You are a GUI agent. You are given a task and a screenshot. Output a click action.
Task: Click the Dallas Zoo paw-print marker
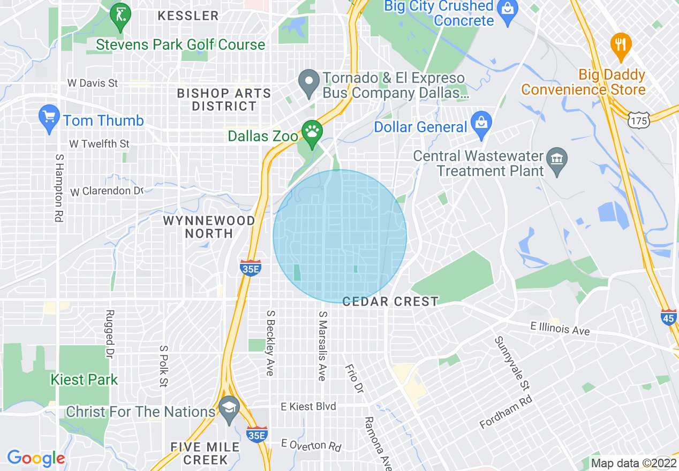[x=311, y=130]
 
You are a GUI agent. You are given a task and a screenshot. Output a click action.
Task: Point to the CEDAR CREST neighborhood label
[x=390, y=302]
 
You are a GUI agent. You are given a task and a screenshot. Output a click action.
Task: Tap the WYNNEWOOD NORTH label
[x=209, y=227]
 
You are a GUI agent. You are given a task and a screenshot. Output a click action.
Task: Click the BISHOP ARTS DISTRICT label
[x=224, y=100]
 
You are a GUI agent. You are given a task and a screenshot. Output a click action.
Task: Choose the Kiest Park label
[x=84, y=380]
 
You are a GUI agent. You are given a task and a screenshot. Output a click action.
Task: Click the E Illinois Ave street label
[x=560, y=329]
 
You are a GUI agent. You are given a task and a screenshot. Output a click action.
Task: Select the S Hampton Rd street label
[x=58, y=188]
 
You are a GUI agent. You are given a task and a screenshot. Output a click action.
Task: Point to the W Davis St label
[x=93, y=83]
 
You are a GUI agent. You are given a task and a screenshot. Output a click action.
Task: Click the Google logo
[x=36, y=458]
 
